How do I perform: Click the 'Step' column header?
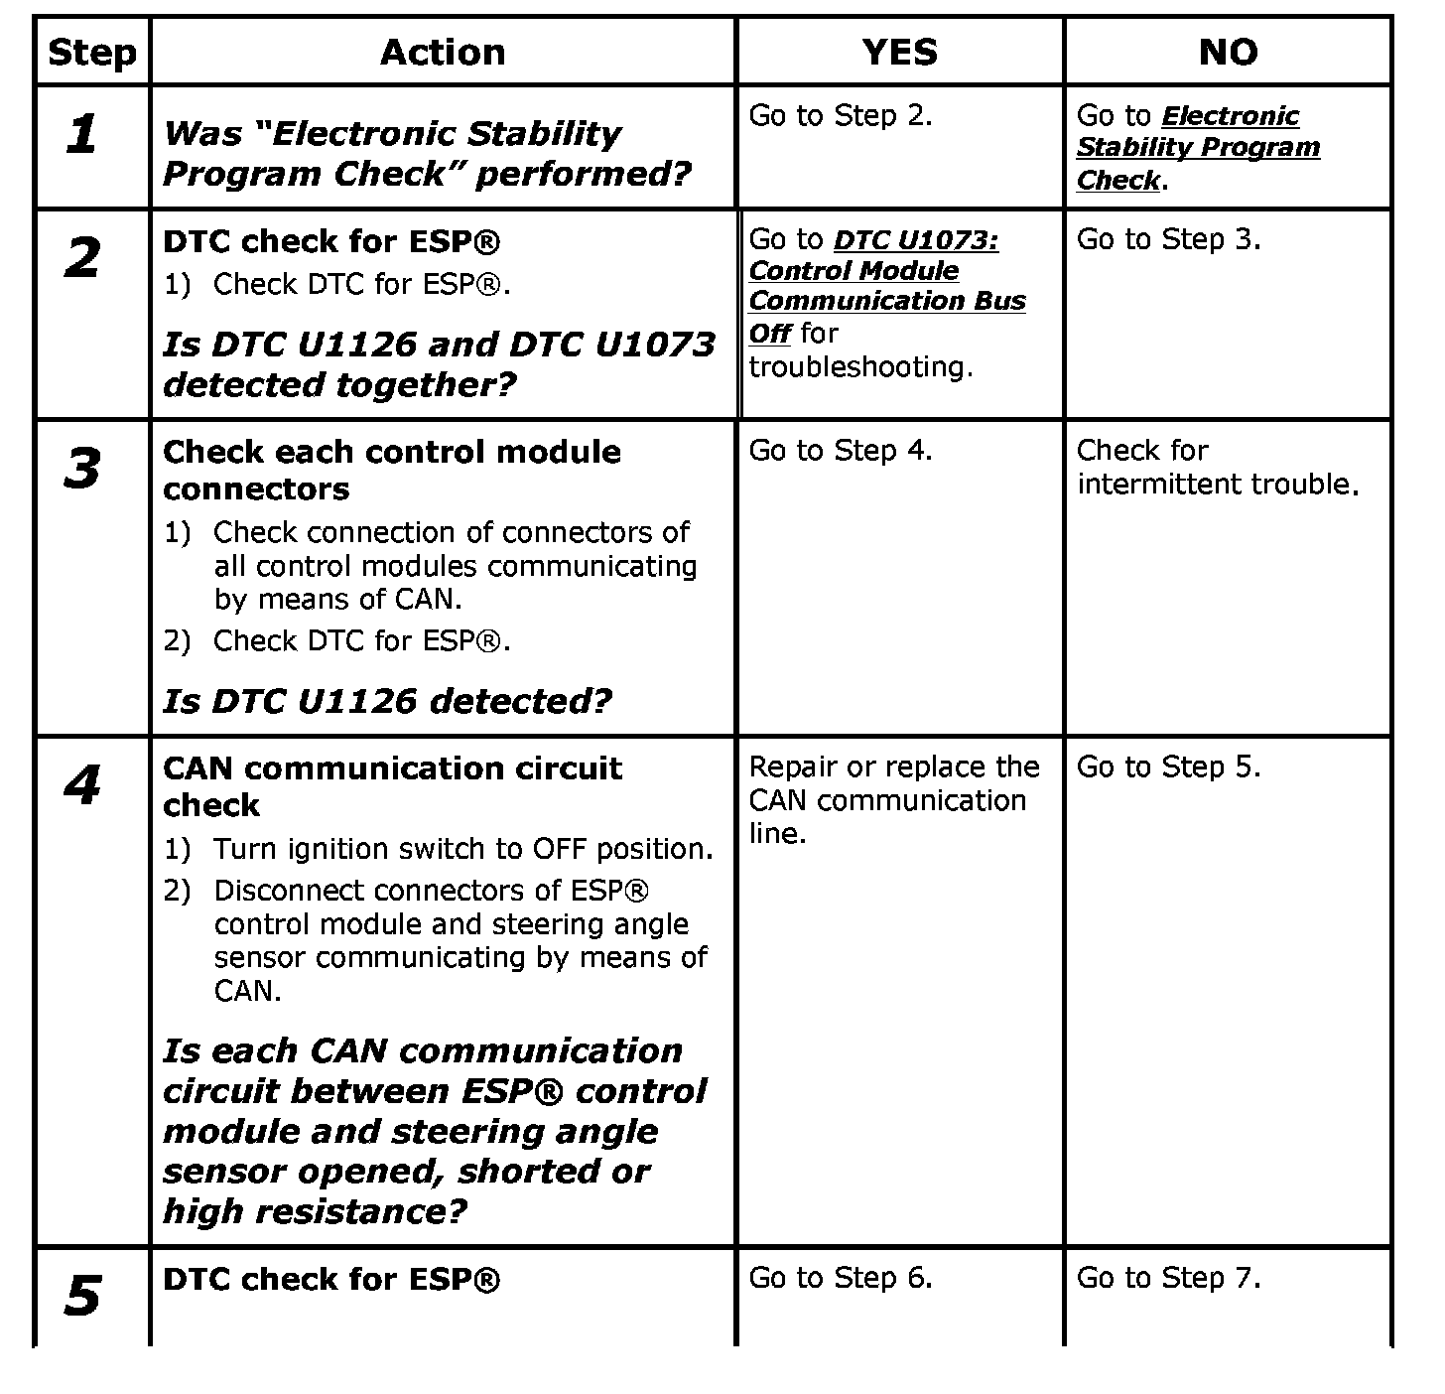(x=91, y=53)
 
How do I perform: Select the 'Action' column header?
(x=443, y=53)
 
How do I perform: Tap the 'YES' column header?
(x=899, y=53)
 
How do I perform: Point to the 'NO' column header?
(x=1228, y=53)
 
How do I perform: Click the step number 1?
(x=82, y=134)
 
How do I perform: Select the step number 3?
(x=82, y=469)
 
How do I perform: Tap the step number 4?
(x=82, y=786)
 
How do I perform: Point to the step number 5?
(x=82, y=1297)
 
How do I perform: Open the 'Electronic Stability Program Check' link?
(x=1198, y=148)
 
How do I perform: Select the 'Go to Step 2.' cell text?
(x=840, y=116)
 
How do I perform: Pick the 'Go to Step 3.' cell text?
(x=1168, y=239)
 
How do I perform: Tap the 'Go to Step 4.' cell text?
(x=840, y=451)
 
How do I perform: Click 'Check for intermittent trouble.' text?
(x=1217, y=467)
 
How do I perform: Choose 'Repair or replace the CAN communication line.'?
(x=893, y=800)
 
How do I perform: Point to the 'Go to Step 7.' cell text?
(x=1168, y=1278)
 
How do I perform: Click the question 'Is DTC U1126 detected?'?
(x=387, y=702)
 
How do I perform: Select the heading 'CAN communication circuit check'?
(x=392, y=785)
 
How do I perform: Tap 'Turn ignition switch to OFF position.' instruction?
(x=463, y=849)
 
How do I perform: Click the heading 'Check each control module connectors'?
(x=392, y=470)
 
